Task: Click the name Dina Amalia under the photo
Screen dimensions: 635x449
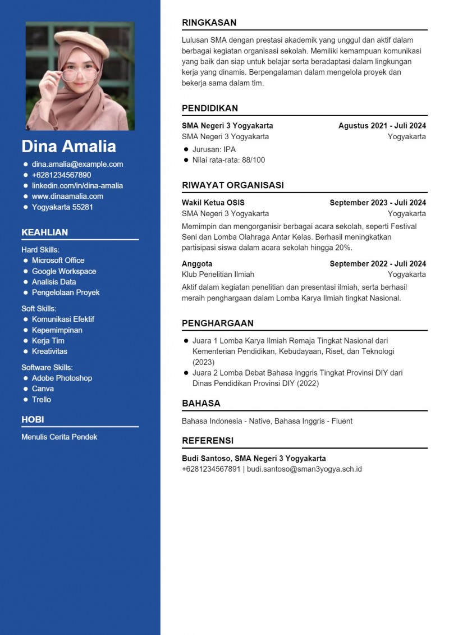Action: [x=68, y=147]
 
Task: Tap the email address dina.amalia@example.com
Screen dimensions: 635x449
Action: [x=77, y=165]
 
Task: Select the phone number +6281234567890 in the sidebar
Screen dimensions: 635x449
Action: [x=61, y=175]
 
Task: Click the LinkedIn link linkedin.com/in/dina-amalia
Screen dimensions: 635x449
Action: [x=77, y=186]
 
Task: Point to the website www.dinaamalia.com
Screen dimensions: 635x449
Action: [x=67, y=197]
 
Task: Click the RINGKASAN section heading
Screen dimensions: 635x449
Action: [x=209, y=23]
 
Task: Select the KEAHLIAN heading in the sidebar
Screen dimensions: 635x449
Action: [x=44, y=232]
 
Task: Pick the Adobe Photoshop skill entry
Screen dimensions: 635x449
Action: [x=62, y=378]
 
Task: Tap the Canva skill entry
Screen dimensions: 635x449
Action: [x=43, y=389]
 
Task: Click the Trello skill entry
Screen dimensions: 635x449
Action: [x=42, y=400]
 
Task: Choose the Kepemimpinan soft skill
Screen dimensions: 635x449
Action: [x=57, y=330]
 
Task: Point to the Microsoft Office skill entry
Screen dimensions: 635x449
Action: [x=58, y=261]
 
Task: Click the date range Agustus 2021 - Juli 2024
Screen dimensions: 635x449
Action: [x=382, y=126]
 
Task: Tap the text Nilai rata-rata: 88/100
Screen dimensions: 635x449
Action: [x=228, y=160]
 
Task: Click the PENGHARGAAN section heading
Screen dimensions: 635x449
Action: [x=218, y=323]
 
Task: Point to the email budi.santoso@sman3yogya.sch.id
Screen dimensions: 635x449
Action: [x=304, y=469]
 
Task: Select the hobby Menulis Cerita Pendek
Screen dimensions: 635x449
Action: [x=59, y=437]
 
